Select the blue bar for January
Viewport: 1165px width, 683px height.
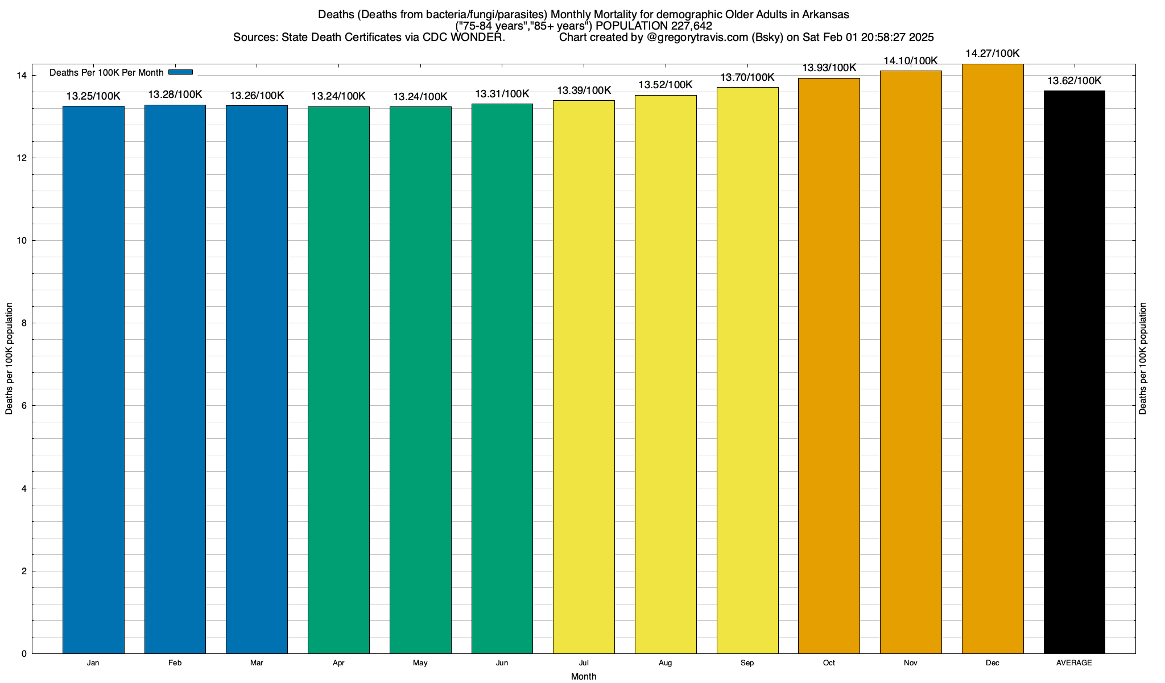[x=93, y=380]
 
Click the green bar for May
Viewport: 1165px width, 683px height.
[x=420, y=380]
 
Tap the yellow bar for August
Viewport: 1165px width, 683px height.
[x=666, y=374]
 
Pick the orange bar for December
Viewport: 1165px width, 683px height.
[x=993, y=359]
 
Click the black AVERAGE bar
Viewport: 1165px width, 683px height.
[x=1074, y=372]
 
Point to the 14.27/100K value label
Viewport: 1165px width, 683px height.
[x=993, y=54]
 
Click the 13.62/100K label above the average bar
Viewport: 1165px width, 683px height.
[x=1074, y=81]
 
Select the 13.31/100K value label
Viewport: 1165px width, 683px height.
[x=502, y=94]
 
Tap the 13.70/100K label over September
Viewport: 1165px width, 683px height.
[x=747, y=77]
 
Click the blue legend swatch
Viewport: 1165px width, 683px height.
[x=181, y=72]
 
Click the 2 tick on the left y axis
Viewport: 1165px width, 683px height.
[x=24, y=571]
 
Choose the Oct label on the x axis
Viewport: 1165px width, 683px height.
[x=829, y=663]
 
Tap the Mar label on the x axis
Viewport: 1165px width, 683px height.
[x=257, y=663]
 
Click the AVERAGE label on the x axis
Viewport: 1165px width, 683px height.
[x=1074, y=663]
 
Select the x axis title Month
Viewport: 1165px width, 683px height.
[x=584, y=677]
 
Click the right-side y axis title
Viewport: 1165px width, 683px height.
[x=1143, y=359]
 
